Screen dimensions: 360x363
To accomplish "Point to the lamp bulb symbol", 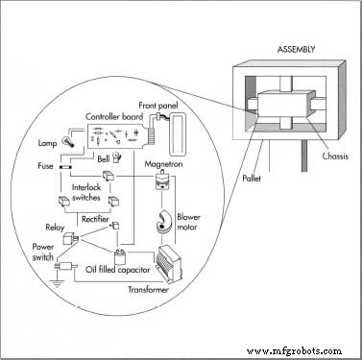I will pyautogui.click(x=70, y=139).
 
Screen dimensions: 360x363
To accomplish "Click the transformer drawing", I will pyautogui.click(x=173, y=265).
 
